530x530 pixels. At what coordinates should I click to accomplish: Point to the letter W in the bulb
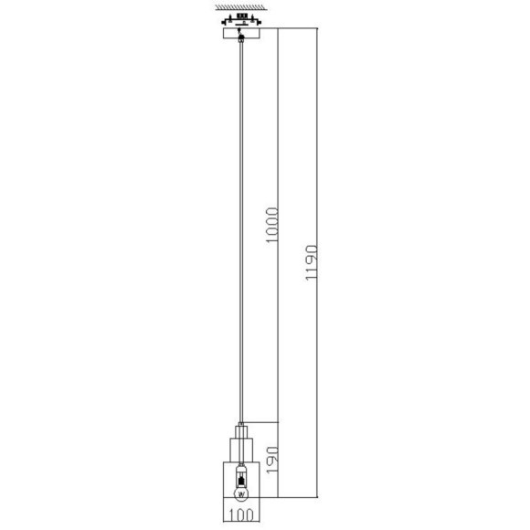click(x=241, y=494)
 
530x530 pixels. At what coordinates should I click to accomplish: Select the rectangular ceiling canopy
click(x=241, y=33)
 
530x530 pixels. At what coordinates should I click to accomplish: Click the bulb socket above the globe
click(x=241, y=476)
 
